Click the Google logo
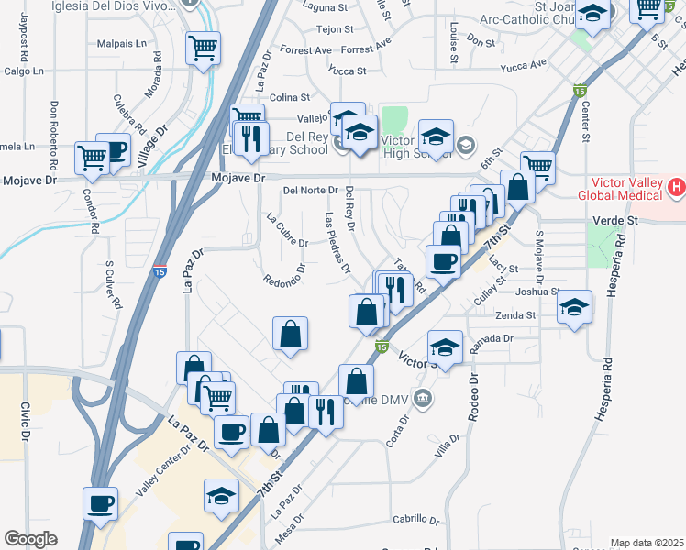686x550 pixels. coord(30,539)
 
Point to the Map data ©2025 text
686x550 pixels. coord(647,543)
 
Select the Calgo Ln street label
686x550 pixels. coord(24,71)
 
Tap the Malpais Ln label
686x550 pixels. coord(122,43)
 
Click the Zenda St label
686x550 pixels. coord(517,315)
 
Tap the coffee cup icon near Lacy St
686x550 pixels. coord(444,262)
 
